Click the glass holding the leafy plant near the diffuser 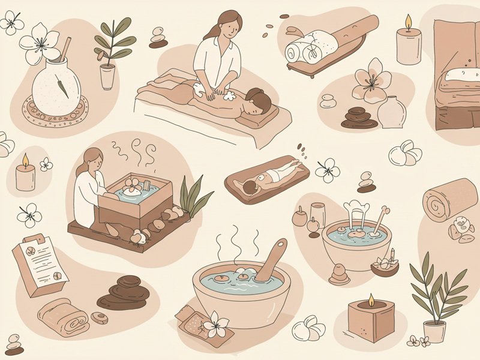pyautogui.click(x=107, y=76)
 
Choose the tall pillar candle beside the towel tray pyautogui.click(x=409, y=45)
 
